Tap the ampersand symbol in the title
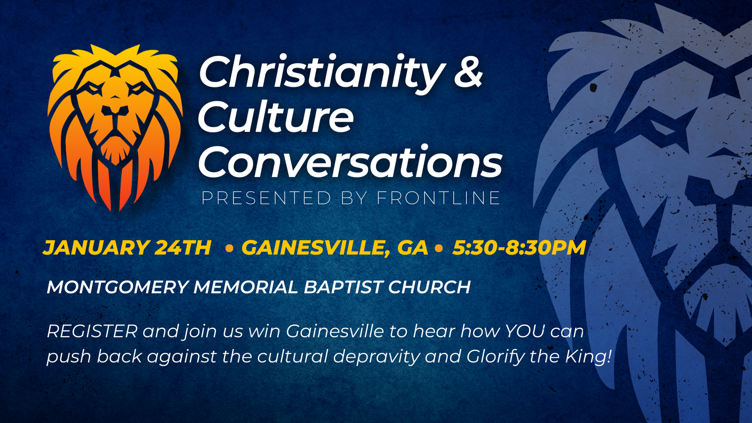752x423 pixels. point(468,72)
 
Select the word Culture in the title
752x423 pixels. point(276,116)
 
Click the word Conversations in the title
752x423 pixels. point(350,161)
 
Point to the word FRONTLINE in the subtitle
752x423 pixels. point(438,198)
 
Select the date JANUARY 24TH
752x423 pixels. point(127,248)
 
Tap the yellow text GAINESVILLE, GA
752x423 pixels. point(335,248)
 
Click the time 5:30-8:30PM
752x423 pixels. point(519,248)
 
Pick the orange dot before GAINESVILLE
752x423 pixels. point(230,248)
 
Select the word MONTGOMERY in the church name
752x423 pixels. point(118,287)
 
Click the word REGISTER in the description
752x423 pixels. point(92,331)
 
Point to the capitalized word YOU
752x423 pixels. point(525,331)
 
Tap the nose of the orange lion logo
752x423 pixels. point(115,110)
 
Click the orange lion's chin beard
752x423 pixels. point(115,150)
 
